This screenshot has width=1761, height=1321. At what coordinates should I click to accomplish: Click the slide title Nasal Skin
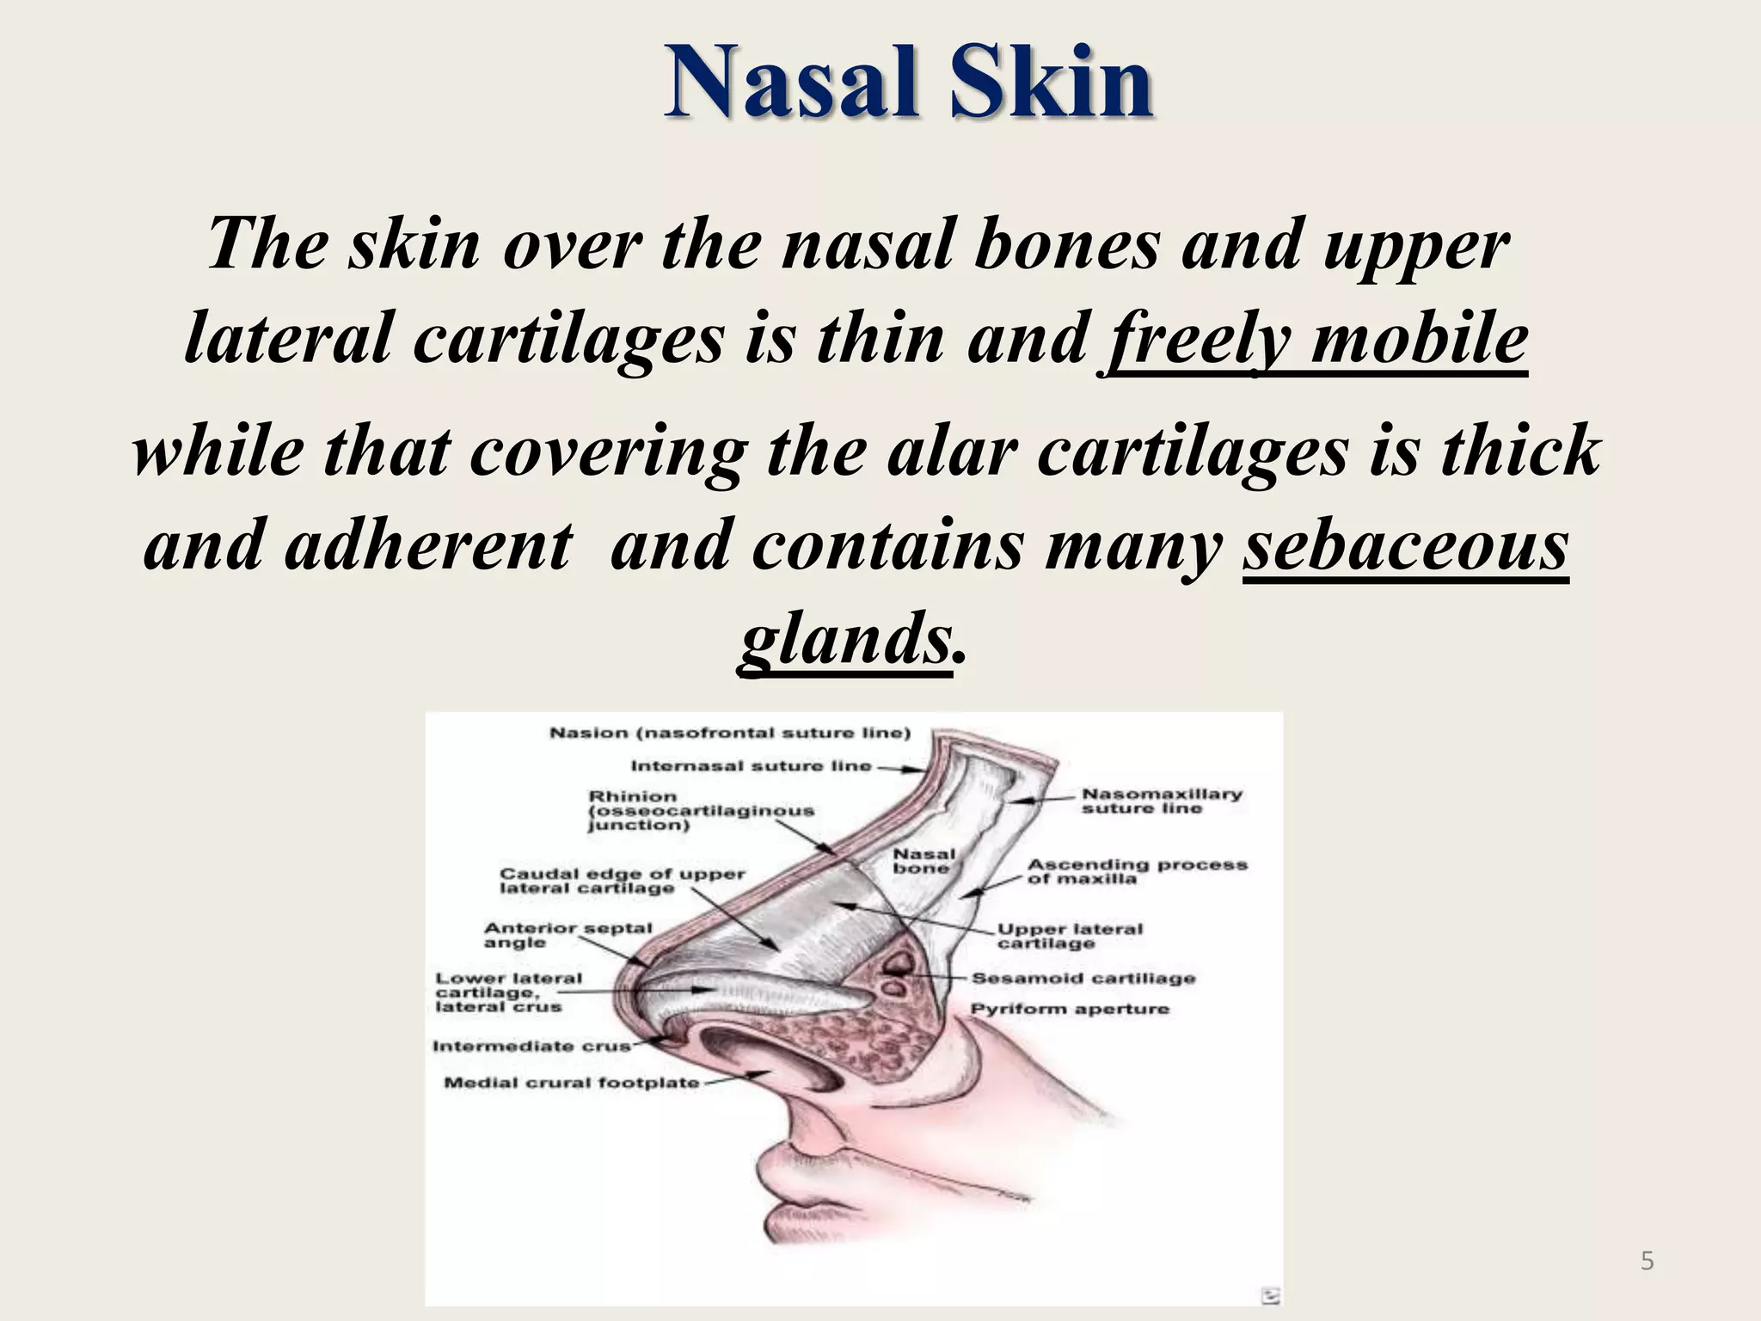pyautogui.click(x=908, y=83)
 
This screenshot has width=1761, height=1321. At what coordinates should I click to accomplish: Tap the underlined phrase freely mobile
pyautogui.click(x=1316, y=339)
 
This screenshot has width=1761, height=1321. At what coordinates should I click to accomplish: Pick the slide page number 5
pyautogui.click(x=1647, y=1262)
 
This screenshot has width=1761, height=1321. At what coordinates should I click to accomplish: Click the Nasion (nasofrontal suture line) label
pyautogui.click(x=730, y=733)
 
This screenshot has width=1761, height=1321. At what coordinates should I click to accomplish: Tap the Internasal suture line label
pyautogui.click(x=751, y=765)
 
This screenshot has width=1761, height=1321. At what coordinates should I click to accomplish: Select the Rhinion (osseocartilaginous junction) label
pyautogui.click(x=701, y=810)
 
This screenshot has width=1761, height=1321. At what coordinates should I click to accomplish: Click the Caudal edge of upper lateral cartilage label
pyautogui.click(x=623, y=881)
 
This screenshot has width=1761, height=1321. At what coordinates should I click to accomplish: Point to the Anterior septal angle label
pyautogui.click(x=568, y=935)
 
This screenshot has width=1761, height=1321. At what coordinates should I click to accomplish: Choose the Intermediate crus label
pyautogui.click(x=531, y=1046)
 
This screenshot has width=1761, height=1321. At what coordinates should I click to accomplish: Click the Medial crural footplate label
pyautogui.click(x=572, y=1082)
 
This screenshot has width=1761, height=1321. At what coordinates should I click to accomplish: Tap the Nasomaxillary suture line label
pyautogui.click(x=1162, y=801)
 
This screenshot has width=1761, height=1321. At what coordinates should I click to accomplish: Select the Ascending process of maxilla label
pyautogui.click(x=1137, y=871)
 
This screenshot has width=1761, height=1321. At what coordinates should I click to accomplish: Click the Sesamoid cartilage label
pyautogui.click(x=1083, y=978)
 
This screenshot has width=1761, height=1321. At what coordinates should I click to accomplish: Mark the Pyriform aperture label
pyautogui.click(x=1070, y=1008)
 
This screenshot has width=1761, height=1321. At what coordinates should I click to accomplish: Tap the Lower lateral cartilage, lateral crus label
pyautogui.click(x=508, y=992)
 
